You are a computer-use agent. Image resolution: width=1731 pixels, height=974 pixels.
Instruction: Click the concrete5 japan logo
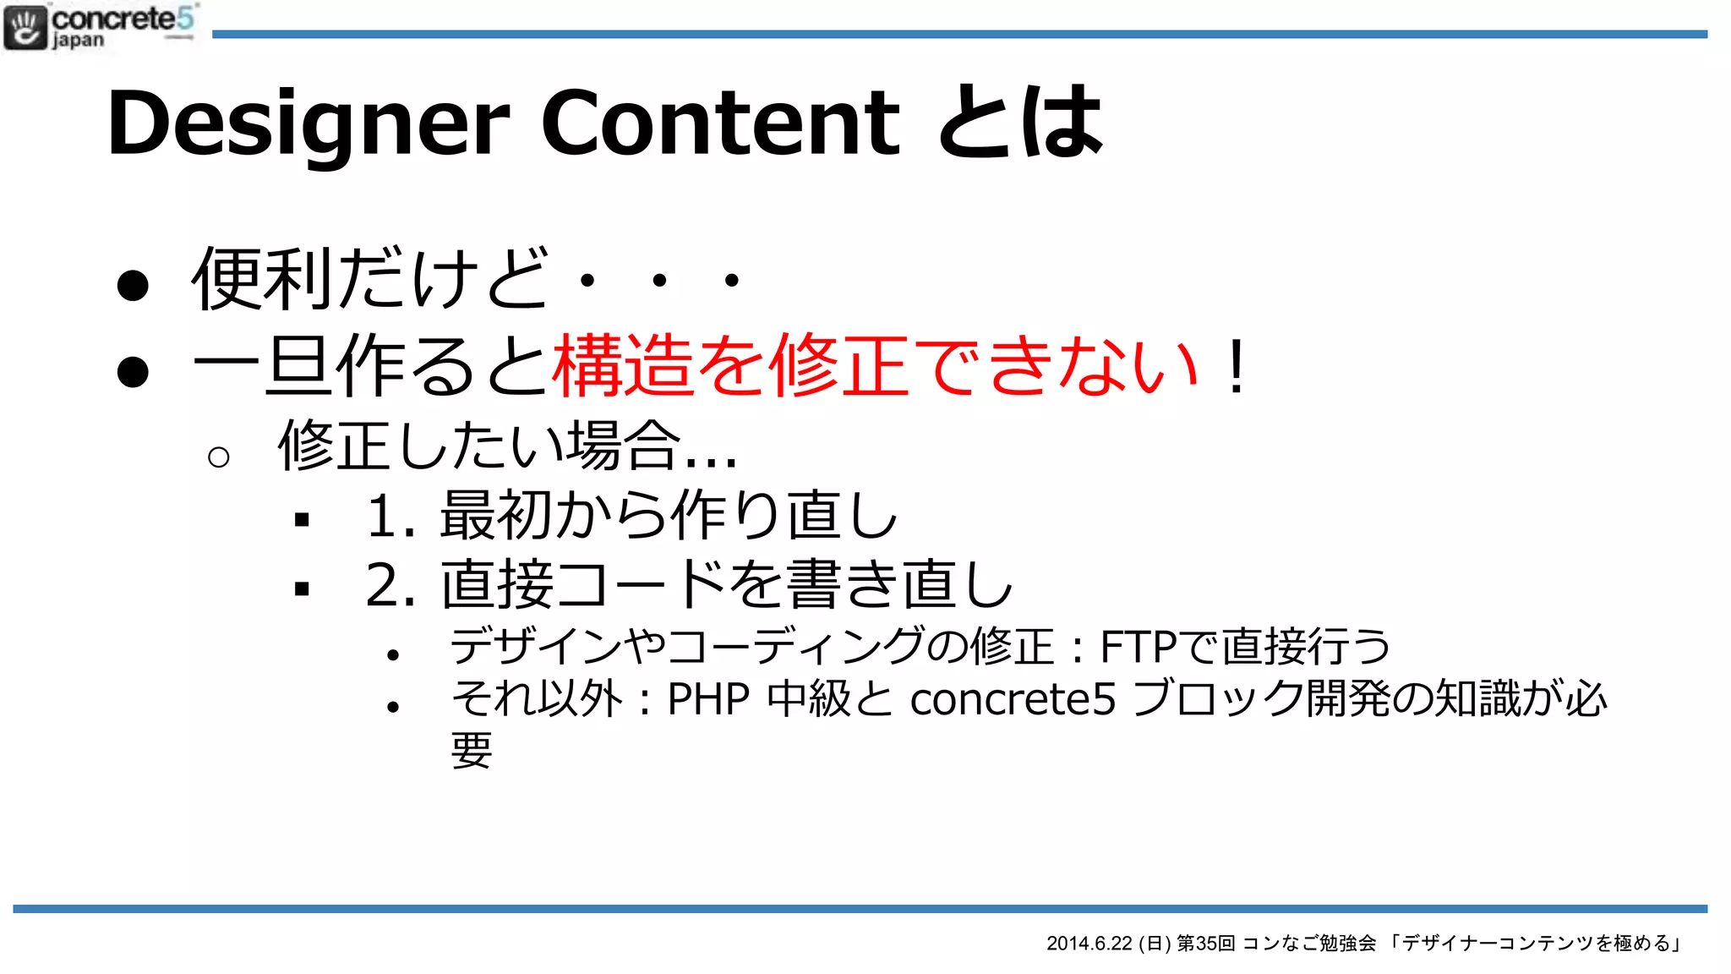(100, 26)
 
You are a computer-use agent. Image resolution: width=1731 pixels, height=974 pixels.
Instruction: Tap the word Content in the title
(720, 123)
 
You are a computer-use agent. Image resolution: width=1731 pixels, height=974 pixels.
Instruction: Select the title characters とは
(1020, 123)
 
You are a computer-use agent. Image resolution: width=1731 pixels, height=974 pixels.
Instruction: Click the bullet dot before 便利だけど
(133, 285)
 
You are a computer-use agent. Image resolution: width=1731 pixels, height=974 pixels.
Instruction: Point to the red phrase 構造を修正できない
(875, 366)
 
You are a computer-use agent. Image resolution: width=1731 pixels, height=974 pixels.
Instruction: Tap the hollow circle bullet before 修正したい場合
(218, 457)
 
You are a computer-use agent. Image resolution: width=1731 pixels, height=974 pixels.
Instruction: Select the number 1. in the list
(390, 516)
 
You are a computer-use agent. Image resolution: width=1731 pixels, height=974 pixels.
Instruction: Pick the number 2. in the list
(390, 585)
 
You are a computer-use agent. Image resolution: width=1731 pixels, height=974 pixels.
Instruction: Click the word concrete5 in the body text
(1013, 700)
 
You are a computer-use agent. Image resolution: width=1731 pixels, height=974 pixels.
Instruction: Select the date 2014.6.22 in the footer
(1089, 944)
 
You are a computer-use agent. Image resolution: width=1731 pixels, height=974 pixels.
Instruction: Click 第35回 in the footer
(1206, 944)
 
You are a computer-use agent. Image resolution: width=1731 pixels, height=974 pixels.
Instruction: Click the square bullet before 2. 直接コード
(302, 588)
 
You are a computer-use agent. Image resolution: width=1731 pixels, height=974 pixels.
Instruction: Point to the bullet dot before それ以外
(392, 707)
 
